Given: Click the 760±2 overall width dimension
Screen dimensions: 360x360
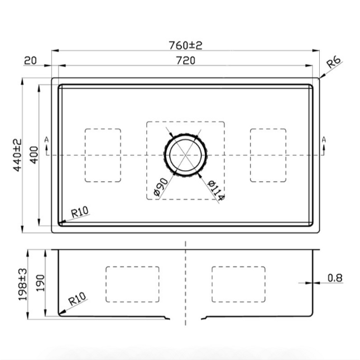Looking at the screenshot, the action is (185, 45).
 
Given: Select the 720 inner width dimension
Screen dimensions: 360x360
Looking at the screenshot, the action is (186, 60).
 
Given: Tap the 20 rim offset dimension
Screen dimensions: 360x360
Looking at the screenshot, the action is (30, 61).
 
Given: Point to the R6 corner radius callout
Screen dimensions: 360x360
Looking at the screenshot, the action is (334, 62).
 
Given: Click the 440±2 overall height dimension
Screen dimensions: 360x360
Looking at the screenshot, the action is (17, 155).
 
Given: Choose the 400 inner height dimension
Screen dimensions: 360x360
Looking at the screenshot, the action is (34, 155).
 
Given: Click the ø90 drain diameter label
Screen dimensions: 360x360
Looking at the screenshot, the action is (161, 187).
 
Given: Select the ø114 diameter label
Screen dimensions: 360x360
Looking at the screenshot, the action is (216, 190).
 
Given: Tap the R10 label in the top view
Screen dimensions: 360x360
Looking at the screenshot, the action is (79, 212).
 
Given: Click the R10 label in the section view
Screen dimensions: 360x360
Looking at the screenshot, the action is (78, 299).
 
